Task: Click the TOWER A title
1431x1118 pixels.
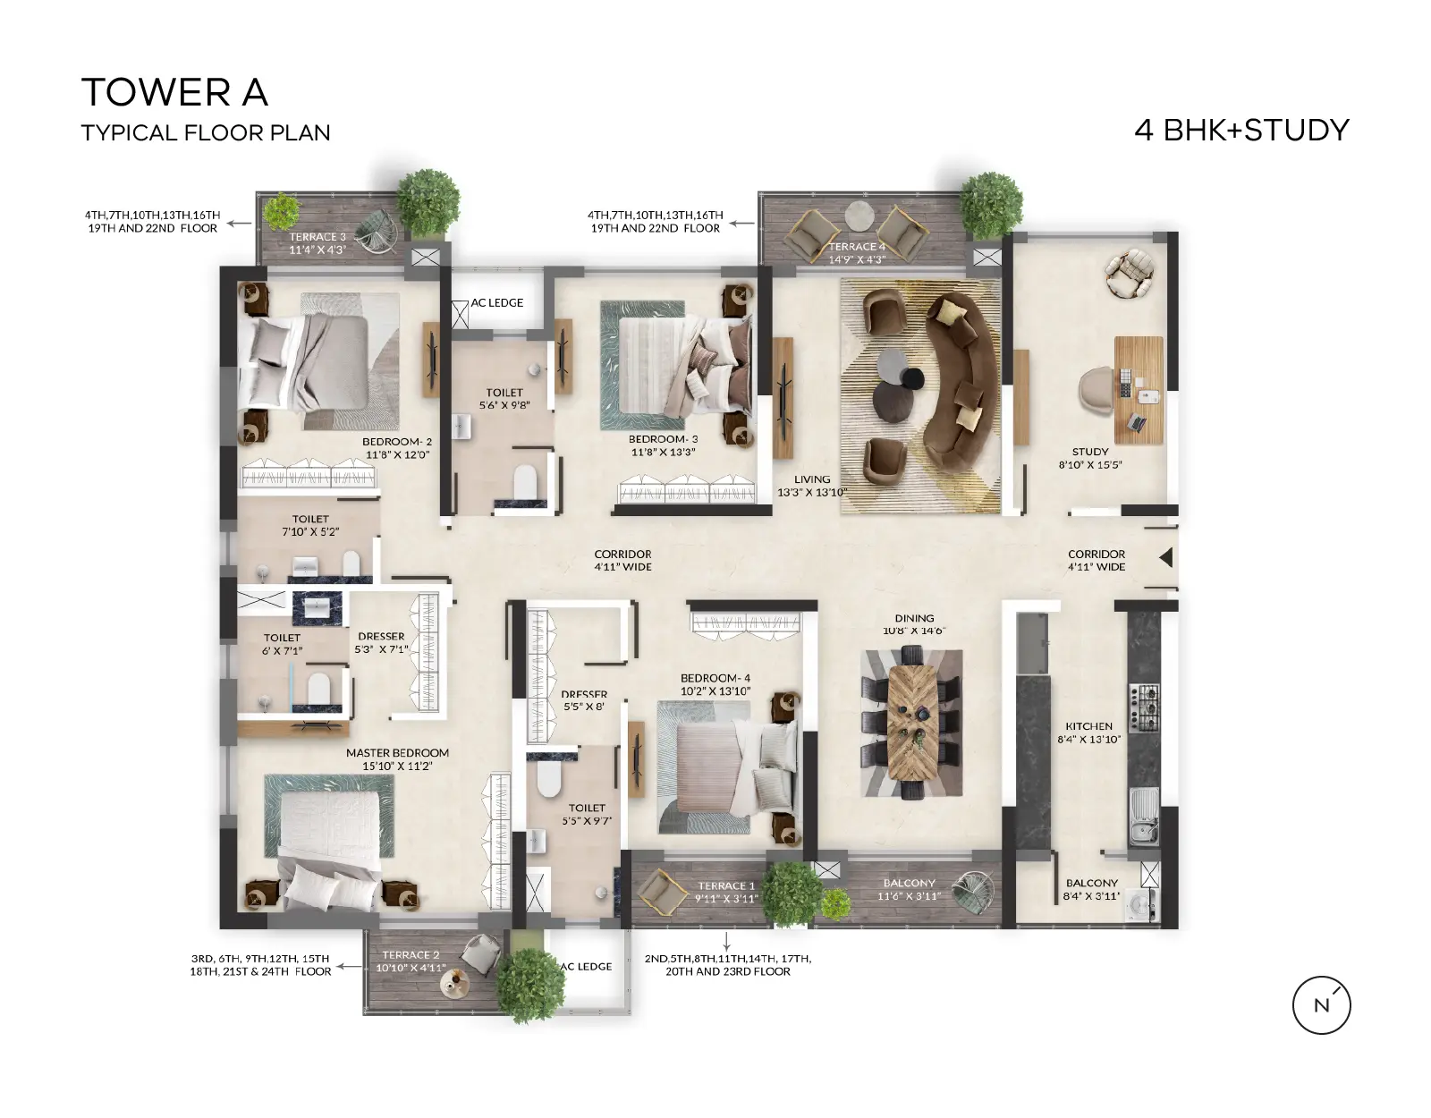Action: coord(174,92)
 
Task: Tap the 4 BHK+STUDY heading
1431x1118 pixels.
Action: coord(1241,130)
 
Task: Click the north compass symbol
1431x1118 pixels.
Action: coord(1321,1005)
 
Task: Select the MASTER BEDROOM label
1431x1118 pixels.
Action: coord(398,752)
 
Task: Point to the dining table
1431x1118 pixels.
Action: coord(912,722)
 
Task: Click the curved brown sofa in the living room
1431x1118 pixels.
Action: coord(961,382)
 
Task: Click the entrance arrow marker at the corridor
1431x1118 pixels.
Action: coord(1166,558)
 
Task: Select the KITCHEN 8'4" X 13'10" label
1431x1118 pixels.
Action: coord(1088,733)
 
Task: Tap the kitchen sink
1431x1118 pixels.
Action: coord(1145,817)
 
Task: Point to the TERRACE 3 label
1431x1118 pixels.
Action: coord(318,236)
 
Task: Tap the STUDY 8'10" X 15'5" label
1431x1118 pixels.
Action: coord(1090,458)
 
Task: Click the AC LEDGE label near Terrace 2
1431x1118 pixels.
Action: coord(586,967)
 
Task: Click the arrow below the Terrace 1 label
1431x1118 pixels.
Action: coord(726,940)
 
